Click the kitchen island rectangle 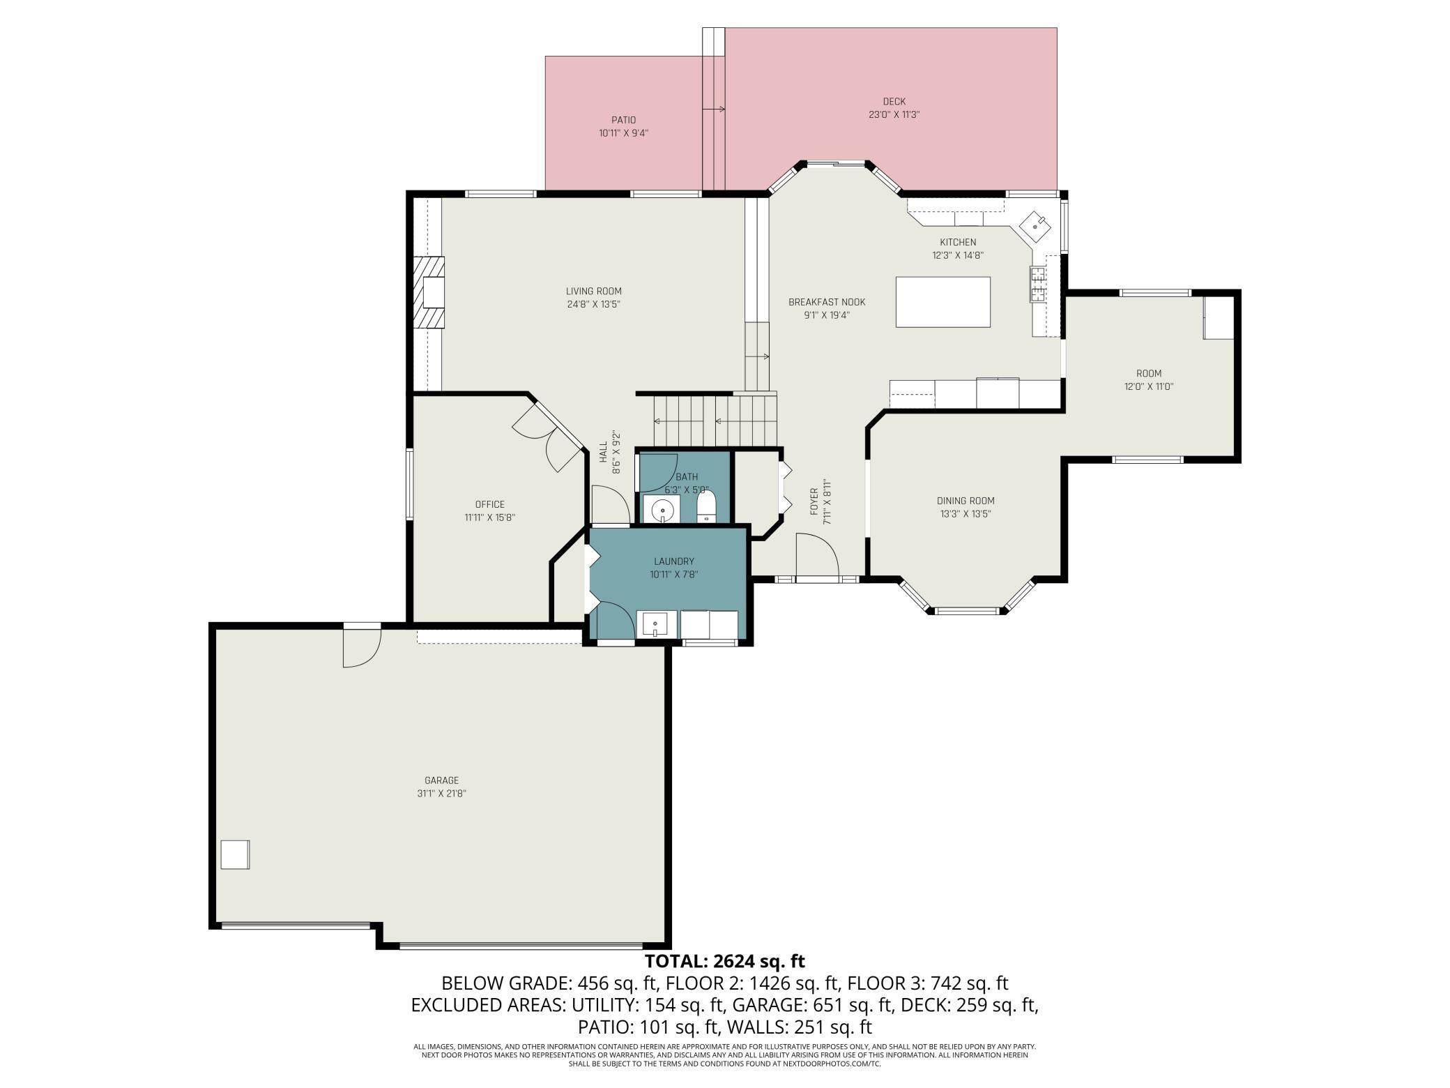[x=942, y=302]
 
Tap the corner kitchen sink [x=1038, y=225]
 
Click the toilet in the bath [x=706, y=506]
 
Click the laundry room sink [x=655, y=624]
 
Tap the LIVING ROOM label [x=593, y=292]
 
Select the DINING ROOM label [x=966, y=501]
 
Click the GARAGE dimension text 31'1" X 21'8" [x=441, y=794]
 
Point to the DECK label [x=894, y=102]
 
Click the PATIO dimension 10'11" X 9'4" [x=623, y=133]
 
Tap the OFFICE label [x=489, y=504]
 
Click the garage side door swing [x=361, y=647]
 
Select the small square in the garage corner [x=235, y=854]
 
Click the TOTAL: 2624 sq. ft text [x=724, y=961]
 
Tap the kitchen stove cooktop [x=1037, y=285]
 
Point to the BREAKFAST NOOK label [x=827, y=302]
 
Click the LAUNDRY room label [x=673, y=561]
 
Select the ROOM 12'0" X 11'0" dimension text [x=1148, y=386]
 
